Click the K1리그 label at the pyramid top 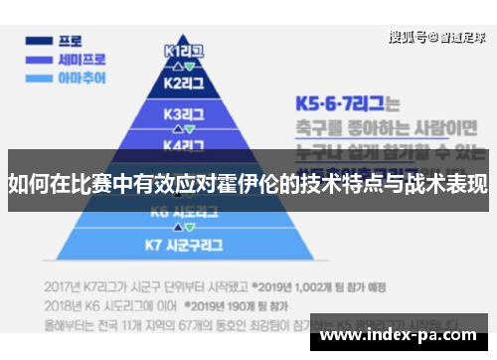(x=183, y=50)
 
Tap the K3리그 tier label (x=184, y=113)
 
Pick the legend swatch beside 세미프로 (x=40, y=59)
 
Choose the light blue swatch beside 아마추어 (x=40, y=77)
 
